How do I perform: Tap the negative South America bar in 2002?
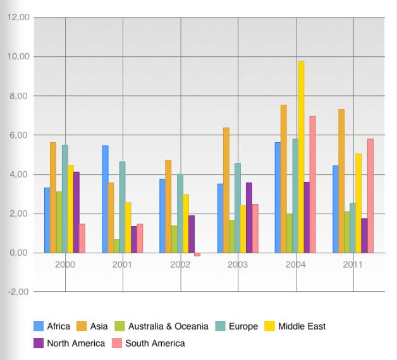pos(197,255)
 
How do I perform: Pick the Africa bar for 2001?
pos(105,199)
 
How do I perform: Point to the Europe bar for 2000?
pos(64,199)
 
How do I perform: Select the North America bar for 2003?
pos(249,217)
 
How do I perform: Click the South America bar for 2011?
pos(370,196)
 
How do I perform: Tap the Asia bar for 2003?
pos(226,190)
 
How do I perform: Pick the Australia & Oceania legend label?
pos(168,327)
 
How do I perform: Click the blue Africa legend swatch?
pos(38,327)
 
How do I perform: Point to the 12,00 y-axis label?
pos(18,18)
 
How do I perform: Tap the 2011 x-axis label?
pos(353,265)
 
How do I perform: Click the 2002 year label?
pos(180,265)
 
